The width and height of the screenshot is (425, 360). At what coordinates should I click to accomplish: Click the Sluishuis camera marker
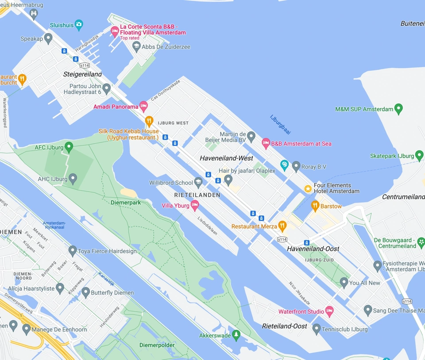[x=79, y=24]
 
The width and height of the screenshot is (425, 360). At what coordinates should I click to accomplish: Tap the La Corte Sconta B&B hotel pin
[x=115, y=31]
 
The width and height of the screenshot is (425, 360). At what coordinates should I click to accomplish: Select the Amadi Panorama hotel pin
[x=143, y=106]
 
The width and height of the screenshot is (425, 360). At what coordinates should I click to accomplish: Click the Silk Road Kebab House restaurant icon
[x=149, y=121]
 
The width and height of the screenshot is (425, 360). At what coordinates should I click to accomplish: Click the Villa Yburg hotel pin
[x=194, y=205]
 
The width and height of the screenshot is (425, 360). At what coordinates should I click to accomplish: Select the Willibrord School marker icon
[x=198, y=182]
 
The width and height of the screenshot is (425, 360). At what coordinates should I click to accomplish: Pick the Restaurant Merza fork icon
[x=282, y=226]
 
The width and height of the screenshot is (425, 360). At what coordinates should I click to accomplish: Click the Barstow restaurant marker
[x=315, y=205]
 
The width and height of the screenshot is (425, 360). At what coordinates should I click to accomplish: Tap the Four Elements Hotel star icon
[x=308, y=189]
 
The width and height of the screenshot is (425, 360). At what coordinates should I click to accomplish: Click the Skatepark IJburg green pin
[x=419, y=155]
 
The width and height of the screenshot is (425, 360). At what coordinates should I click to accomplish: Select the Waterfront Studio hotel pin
[x=329, y=311]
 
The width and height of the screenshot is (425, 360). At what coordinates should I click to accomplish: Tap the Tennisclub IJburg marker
[x=317, y=329]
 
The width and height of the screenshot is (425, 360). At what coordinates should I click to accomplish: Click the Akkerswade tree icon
[x=236, y=335]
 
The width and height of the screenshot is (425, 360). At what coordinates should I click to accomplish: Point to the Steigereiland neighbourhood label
[x=82, y=74]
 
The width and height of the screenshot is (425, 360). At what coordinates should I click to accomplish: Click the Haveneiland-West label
[x=226, y=158]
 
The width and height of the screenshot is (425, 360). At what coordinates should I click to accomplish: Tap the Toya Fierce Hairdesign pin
[x=73, y=251]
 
